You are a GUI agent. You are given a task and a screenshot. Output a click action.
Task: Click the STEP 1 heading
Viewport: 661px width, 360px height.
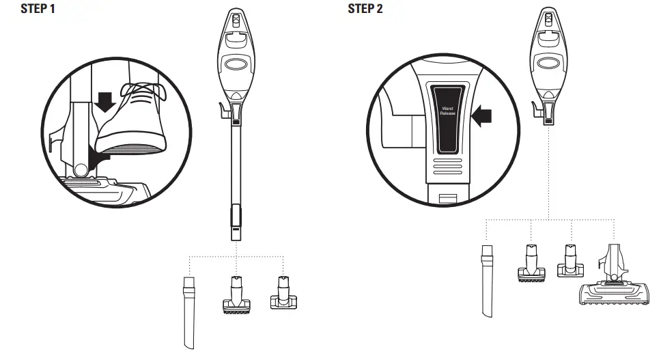pyautogui.click(x=38, y=9)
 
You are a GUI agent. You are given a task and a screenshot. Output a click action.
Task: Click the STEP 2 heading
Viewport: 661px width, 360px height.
pyautogui.click(x=365, y=9)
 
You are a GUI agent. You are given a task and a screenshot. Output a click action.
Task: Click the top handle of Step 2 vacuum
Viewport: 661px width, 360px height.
pyautogui.click(x=548, y=20)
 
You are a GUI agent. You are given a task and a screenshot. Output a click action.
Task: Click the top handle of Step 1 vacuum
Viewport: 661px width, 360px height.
pyautogui.click(x=236, y=20)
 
